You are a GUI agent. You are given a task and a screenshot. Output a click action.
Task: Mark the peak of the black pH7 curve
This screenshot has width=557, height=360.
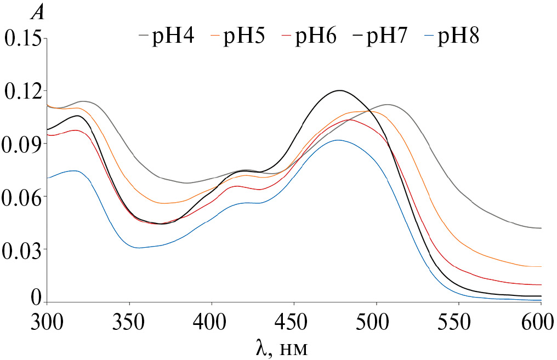click(x=340, y=90)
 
